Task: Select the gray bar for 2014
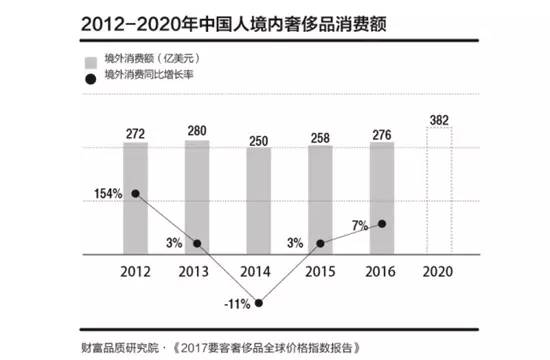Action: tap(259, 205)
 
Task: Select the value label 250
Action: tap(259, 140)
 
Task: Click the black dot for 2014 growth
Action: tap(259, 303)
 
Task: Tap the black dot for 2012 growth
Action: tap(136, 193)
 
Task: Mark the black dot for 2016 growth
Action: tap(381, 223)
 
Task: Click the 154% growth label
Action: tap(108, 193)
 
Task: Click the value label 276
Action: tap(381, 133)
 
